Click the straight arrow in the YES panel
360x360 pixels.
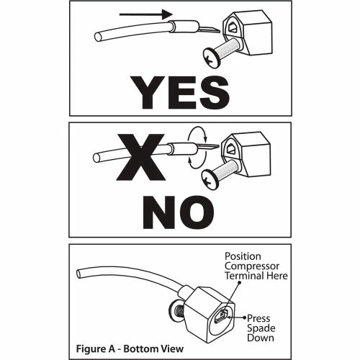coord(146,14)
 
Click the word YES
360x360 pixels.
coord(180,92)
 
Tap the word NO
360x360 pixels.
coord(179,212)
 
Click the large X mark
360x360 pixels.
coord(141,157)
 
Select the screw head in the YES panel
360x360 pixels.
coord(211,58)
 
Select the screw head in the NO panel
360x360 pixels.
coord(210,179)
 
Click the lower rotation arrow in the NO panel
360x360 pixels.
coord(197,164)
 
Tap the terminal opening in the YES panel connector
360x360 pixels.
coord(232,27)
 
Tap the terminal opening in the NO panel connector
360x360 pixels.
coord(230,148)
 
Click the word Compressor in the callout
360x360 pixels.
coord(252,266)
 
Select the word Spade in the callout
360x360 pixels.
coord(261,328)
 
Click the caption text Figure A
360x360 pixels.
coord(96,348)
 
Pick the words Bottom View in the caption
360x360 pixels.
coord(153,348)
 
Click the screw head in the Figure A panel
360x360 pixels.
coord(174,312)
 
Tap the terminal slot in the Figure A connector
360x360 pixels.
coord(221,316)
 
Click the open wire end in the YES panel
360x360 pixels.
coord(98,37)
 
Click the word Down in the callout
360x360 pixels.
coord(261,338)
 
